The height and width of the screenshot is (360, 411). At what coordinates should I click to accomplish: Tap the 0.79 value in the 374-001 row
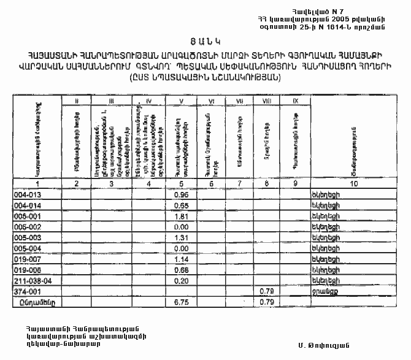[x=266, y=291]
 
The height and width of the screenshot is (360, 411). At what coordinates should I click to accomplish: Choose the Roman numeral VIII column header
[x=266, y=100]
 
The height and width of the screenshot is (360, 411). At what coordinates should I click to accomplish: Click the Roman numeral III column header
[x=111, y=100]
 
